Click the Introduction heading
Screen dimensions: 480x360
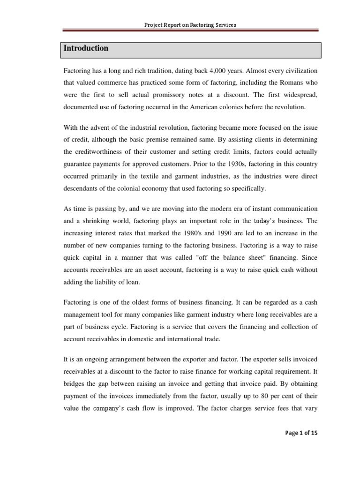(x=86, y=48)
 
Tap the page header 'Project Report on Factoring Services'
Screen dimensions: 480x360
(x=189, y=24)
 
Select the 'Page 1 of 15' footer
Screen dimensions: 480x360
(x=301, y=433)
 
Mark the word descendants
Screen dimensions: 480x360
(x=81, y=188)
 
